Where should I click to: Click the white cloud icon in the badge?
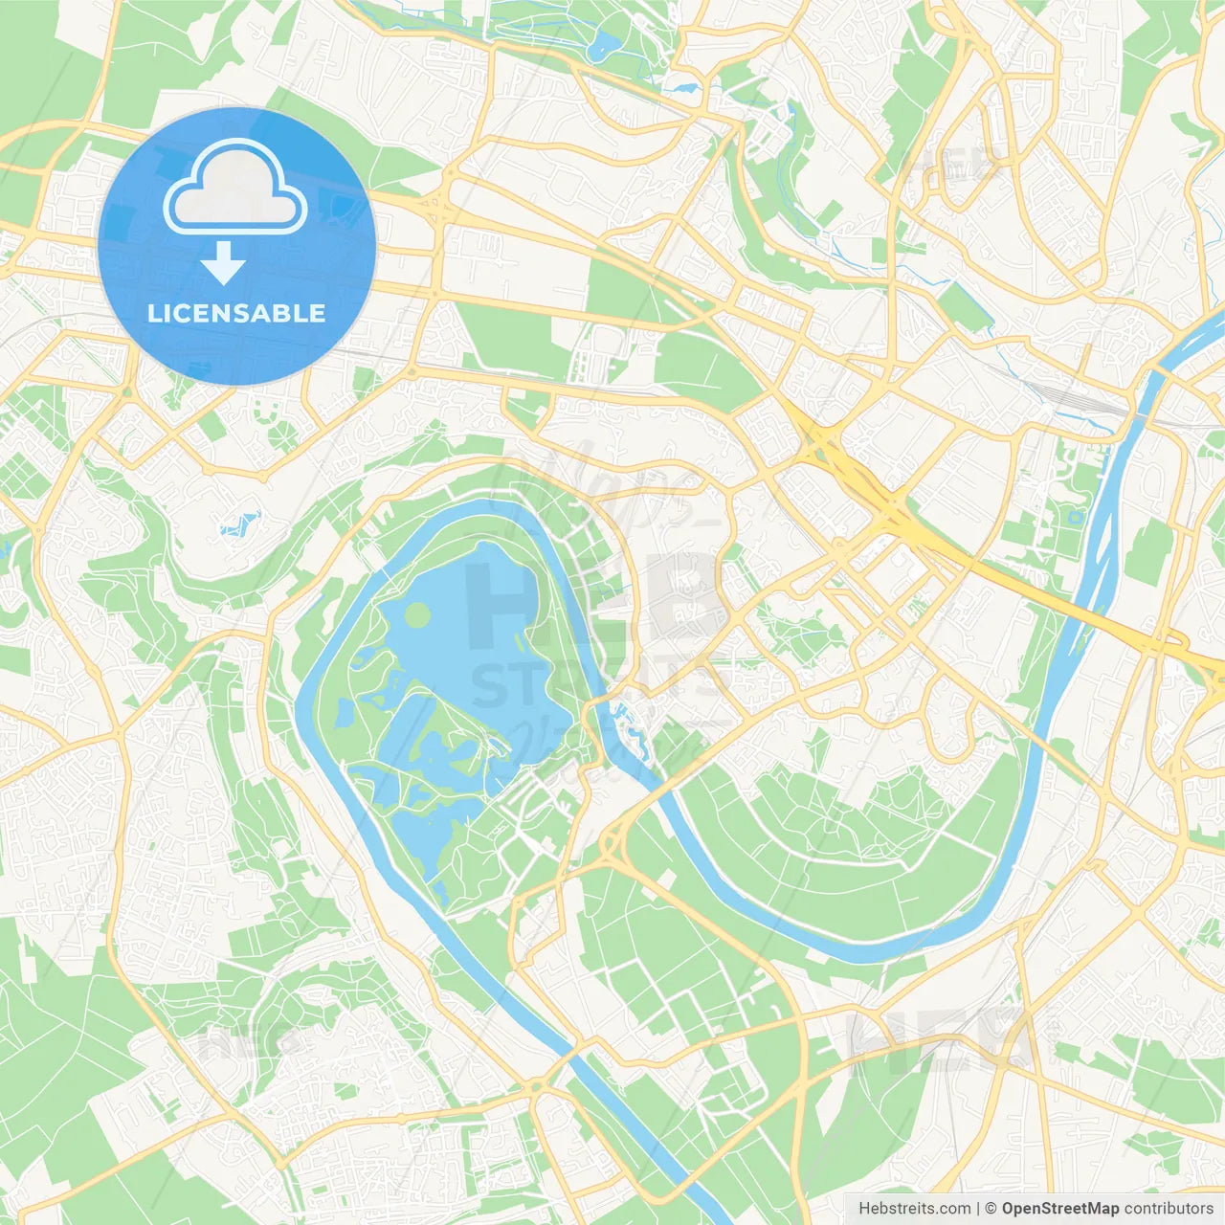pyautogui.click(x=235, y=189)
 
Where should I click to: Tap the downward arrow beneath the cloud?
pyautogui.click(x=223, y=262)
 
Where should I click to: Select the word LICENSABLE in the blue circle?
pyautogui.click(x=236, y=313)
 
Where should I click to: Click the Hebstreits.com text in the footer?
pyautogui.click(x=914, y=1209)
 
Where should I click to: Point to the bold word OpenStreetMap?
pyautogui.click(x=1059, y=1209)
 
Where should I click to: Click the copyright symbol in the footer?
pyautogui.click(x=991, y=1209)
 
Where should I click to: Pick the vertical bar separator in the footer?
pyautogui.click(x=979, y=1209)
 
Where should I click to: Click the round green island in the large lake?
pyautogui.click(x=417, y=615)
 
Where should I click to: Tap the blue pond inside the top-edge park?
pyautogui.click(x=602, y=44)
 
